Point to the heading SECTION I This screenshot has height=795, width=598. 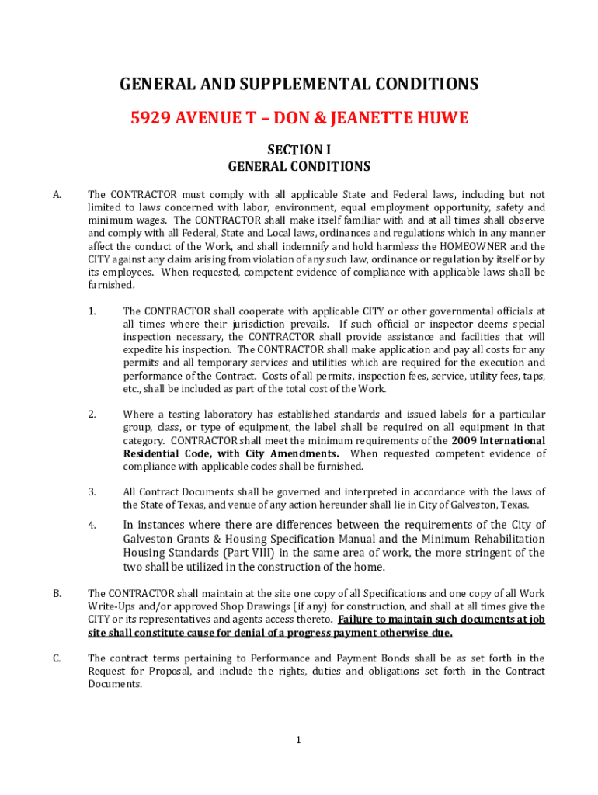point(299,150)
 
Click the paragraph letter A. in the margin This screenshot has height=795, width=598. point(57,195)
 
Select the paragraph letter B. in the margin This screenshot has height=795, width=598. point(57,594)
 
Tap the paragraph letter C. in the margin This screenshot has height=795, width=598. point(57,659)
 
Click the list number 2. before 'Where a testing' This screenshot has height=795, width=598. point(92,415)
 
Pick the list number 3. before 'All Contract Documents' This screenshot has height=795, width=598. point(92,492)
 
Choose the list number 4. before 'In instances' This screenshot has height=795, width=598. point(92,525)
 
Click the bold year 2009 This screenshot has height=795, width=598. point(465,441)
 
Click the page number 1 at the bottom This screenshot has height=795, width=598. point(298,740)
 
